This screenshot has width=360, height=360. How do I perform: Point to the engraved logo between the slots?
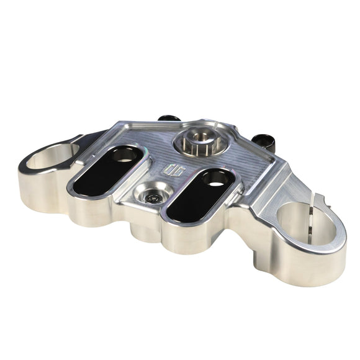pyautogui.click(x=173, y=169)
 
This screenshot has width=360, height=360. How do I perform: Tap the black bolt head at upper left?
pyautogui.click(x=168, y=118)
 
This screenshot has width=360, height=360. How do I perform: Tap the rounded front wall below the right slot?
pyautogui.click(x=186, y=239)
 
